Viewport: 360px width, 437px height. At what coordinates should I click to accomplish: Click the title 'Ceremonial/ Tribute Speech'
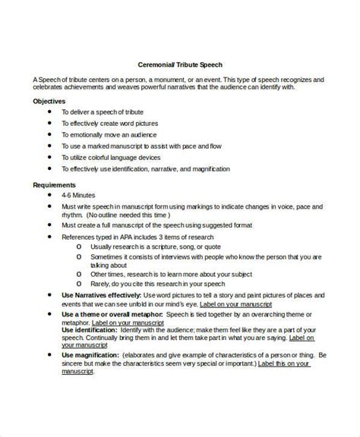tap(179, 64)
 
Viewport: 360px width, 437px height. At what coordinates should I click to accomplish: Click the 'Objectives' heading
tap(49, 101)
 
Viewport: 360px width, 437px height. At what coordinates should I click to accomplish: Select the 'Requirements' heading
tap(54, 184)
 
